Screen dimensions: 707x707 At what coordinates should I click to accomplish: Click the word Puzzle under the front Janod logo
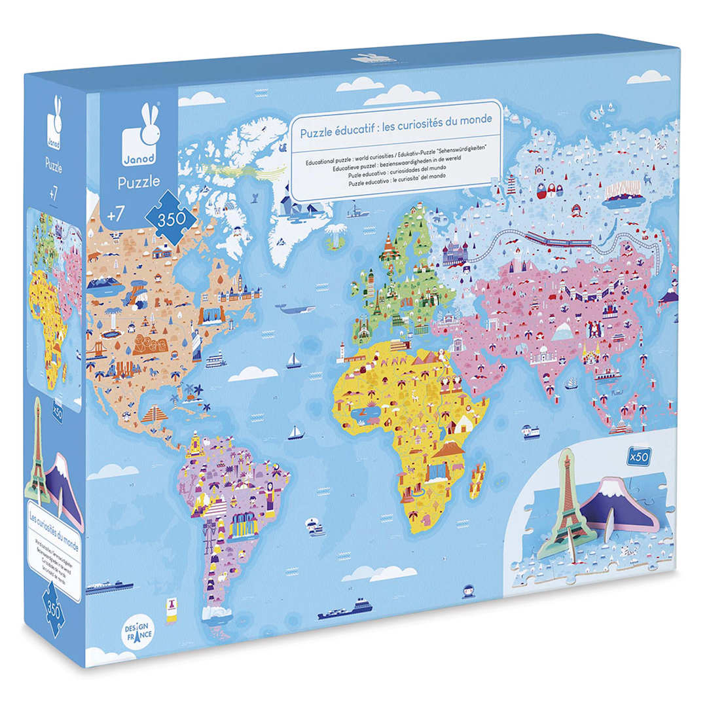coord(139,183)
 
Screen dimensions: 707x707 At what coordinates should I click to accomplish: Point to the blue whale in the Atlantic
coord(295,309)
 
